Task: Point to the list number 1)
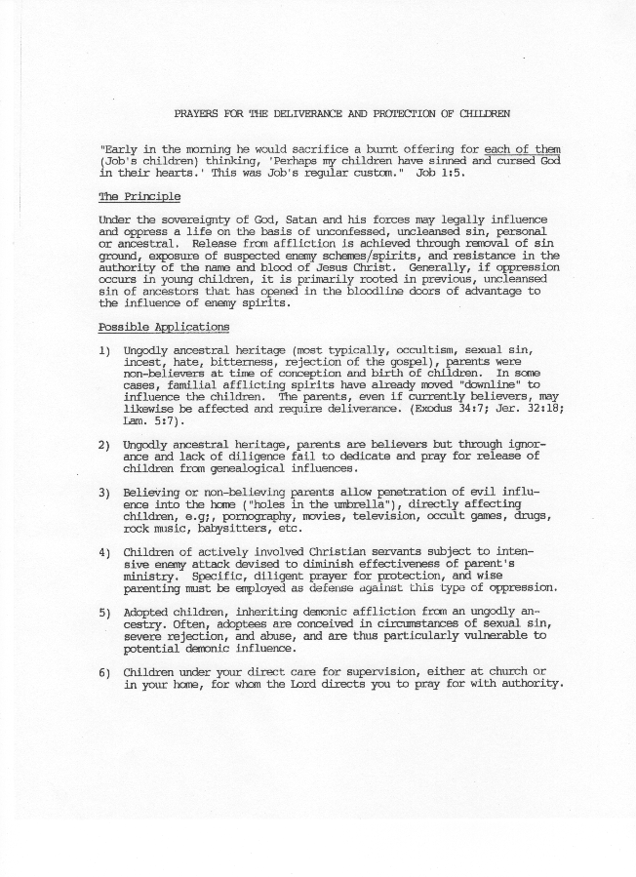coord(105,349)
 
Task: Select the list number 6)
coord(105,672)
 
